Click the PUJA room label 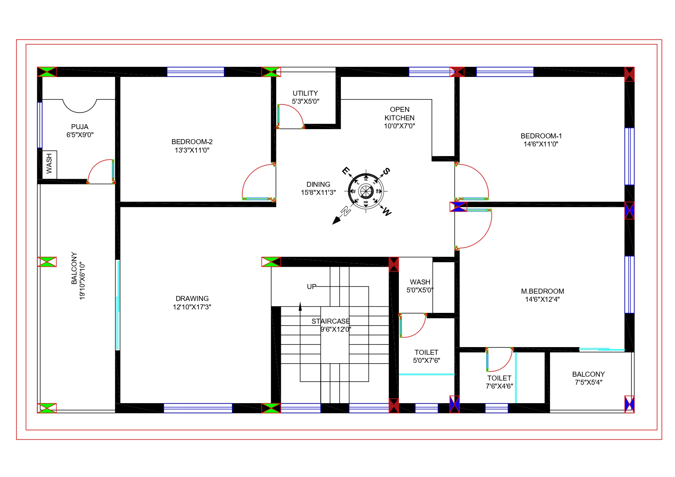click(80, 127)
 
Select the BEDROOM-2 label click(192, 142)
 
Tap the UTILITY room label click(305, 93)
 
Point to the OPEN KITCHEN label click(400, 114)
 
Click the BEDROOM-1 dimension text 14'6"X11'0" click(541, 144)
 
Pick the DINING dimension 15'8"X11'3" click(318, 193)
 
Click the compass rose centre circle click(366, 191)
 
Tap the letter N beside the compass click(346, 211)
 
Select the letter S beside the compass click(386, 171)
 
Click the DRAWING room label click(192, 299)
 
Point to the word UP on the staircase click(312, 287)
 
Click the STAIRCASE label click(331, 321)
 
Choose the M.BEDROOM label click(542, 291)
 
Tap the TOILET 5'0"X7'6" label click(427, 356)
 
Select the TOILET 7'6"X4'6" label click(499, 382)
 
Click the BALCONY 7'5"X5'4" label click(588, 378)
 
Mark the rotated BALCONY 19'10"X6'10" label click(78, 276)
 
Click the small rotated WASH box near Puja click(49, 164)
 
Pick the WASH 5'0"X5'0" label click(420, 286)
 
